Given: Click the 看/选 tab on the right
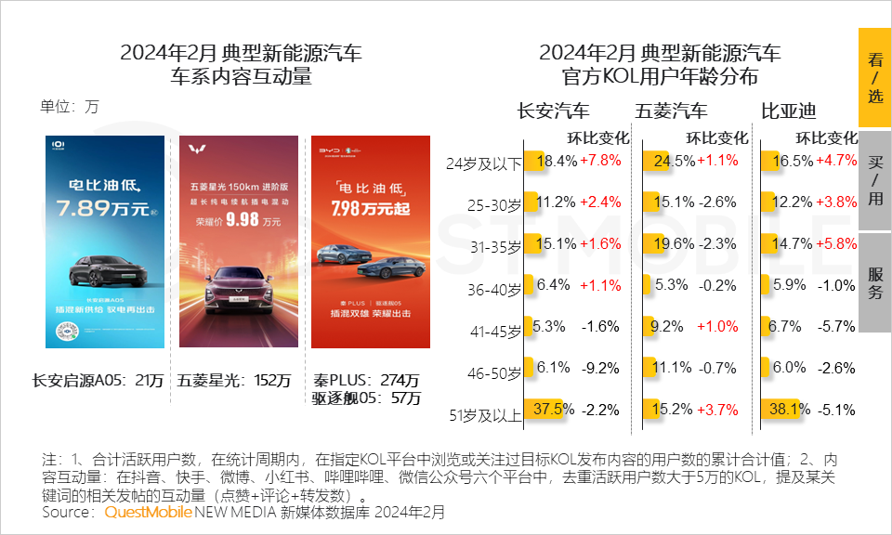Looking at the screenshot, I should pyautogui.click(x=874, y=78).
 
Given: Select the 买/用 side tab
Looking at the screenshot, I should pyautogui.click(x=874, y=179).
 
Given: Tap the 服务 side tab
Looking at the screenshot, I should pyautogui.click(x=874, y=282).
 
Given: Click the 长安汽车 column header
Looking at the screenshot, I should pyautogui.click(x=553, y=111).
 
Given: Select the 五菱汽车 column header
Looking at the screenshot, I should pyautogui.click(x=671, y=111).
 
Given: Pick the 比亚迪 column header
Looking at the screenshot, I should pyautogui.click(x=789, y=111).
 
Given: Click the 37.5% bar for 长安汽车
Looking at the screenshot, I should pyautogui.click(x=544, y=409).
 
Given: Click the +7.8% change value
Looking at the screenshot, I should pyautogui.click(x=599, y=161).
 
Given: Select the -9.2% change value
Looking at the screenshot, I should pyautogui.click(x=599, y=369).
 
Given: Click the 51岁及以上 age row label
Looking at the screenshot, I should pyautogui.click(x=484, y=415).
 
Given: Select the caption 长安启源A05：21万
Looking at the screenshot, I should pyautogui.click(x=98, y=381).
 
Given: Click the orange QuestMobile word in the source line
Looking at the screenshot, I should pyautogui.click(x=148, y=512).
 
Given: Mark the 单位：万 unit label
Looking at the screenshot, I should pyautogui.click(x=69, y=106).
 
